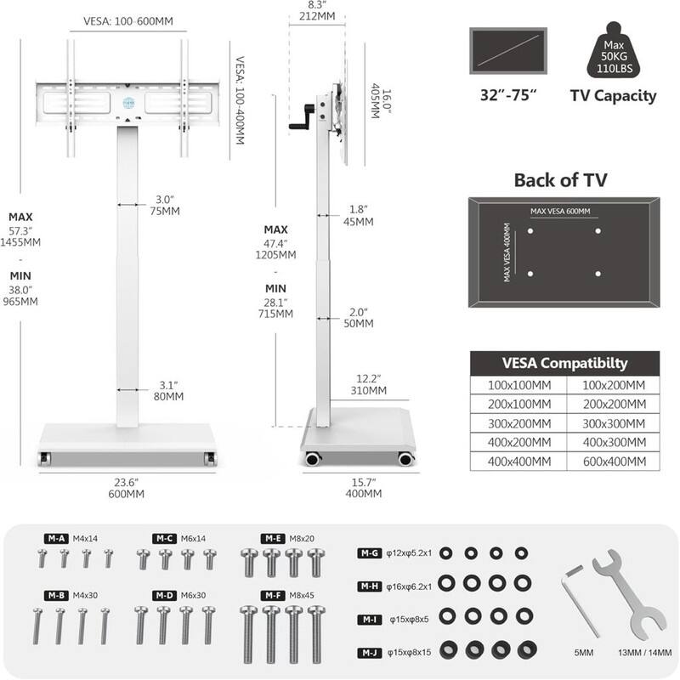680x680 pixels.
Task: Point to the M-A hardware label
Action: (x=57, y=538)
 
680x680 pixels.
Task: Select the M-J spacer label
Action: (x=370, y=652)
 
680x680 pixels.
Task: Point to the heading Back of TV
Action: (x=561, y=180)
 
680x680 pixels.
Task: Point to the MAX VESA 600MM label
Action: (x=560, y=212)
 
